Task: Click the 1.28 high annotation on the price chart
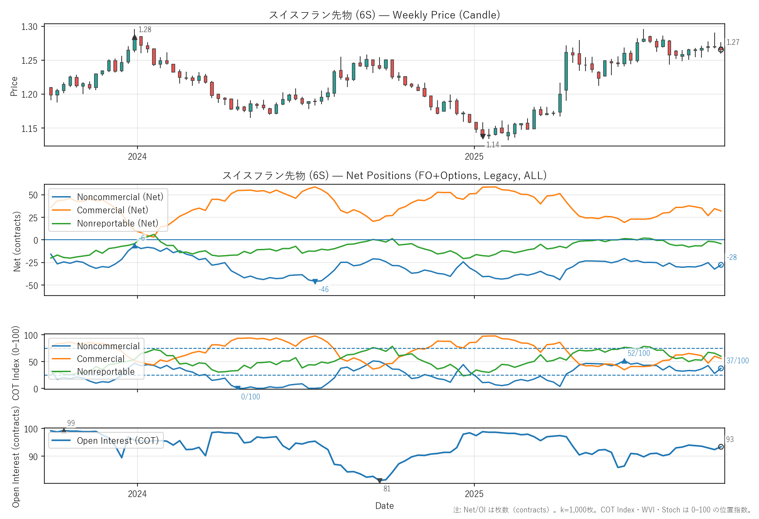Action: click(x=145, y=29)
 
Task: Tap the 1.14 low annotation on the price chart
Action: click(x=492, y=145)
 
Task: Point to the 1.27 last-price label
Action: click(x=733, y=42)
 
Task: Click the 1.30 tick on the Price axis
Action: click(x=29, y=27)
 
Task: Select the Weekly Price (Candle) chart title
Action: click(x=384, y=15)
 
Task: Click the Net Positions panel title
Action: click(x=384, y=175)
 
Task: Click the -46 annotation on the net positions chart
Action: click(x=324, y=289)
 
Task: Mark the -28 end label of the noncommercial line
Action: click(x=732, y=257)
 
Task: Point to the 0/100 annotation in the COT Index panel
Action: click(x=250, y=397)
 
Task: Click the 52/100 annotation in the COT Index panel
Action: click(x=639, y=353)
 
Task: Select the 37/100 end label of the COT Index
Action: click(x=737, y=361)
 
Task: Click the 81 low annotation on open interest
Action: click(x=387, y=489)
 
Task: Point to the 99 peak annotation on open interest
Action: click(x=71, y=423)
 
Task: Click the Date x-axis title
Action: click(x=384, y=506)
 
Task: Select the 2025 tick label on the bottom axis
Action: click(x=474, y=494)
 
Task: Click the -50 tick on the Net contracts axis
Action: click(x=33, y=285)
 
